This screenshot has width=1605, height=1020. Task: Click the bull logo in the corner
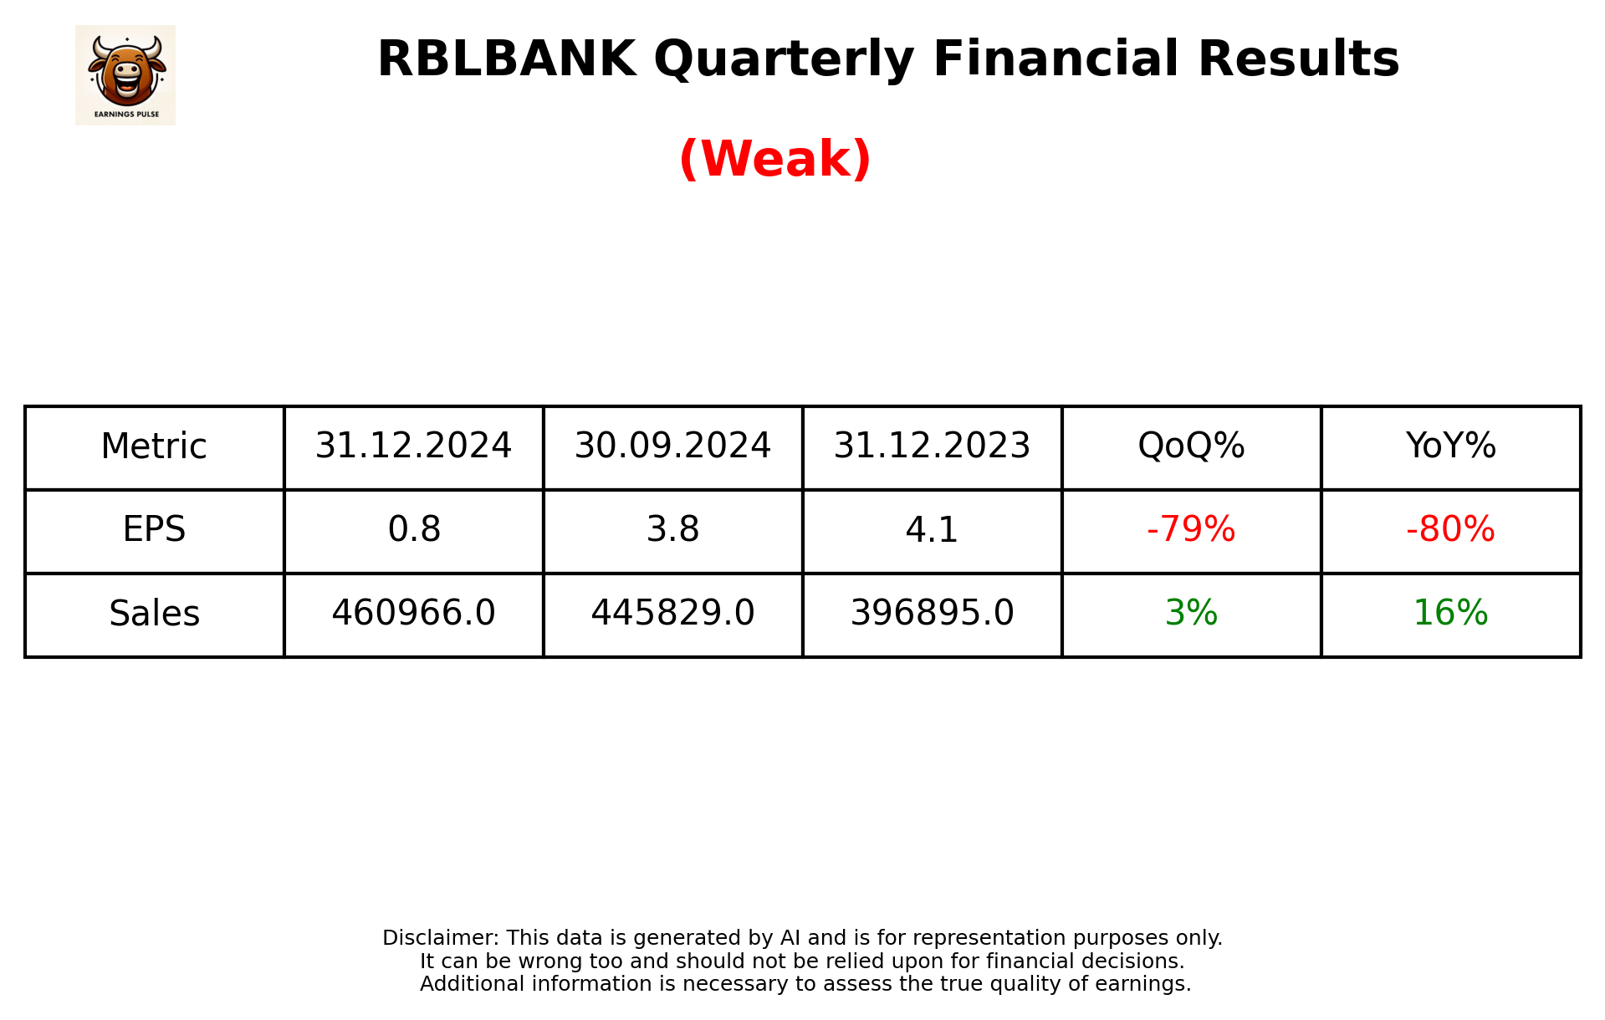click(x=125, y=74)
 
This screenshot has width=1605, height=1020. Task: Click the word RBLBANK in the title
click(x=505, y=59)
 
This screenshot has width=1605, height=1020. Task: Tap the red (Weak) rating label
click(x=774, y=159)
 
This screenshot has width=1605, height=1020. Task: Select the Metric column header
click(x=154, y=446)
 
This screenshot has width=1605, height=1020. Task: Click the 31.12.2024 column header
click(x=413, y=446)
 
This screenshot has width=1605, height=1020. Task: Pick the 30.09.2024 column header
click(x=672, y=446)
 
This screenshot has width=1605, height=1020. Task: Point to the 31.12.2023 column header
click(x=932, y=446)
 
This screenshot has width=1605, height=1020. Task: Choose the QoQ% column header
click(x=1191, y=446)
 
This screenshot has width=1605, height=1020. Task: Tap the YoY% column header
click(x=1450, y=446)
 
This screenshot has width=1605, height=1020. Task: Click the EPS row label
click(x=154, y=530)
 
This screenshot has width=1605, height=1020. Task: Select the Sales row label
click(x=154, y=614)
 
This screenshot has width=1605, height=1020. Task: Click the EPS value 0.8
click(x=413, y=530)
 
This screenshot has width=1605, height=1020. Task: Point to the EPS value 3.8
click(x=672, y=530)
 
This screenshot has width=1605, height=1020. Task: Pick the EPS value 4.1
click(x=932, y=530)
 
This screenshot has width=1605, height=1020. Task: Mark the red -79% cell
click(x=1191, y=530)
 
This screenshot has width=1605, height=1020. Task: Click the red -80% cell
click(x=1450, y=530)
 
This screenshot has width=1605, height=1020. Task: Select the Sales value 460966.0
click(x=413, y=614)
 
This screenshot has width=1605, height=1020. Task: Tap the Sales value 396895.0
click(x=932, y=614)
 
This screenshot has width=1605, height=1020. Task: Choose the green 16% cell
click(x=1450, y=614)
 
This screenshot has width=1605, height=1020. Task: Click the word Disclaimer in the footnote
click(x=439, y=938)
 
